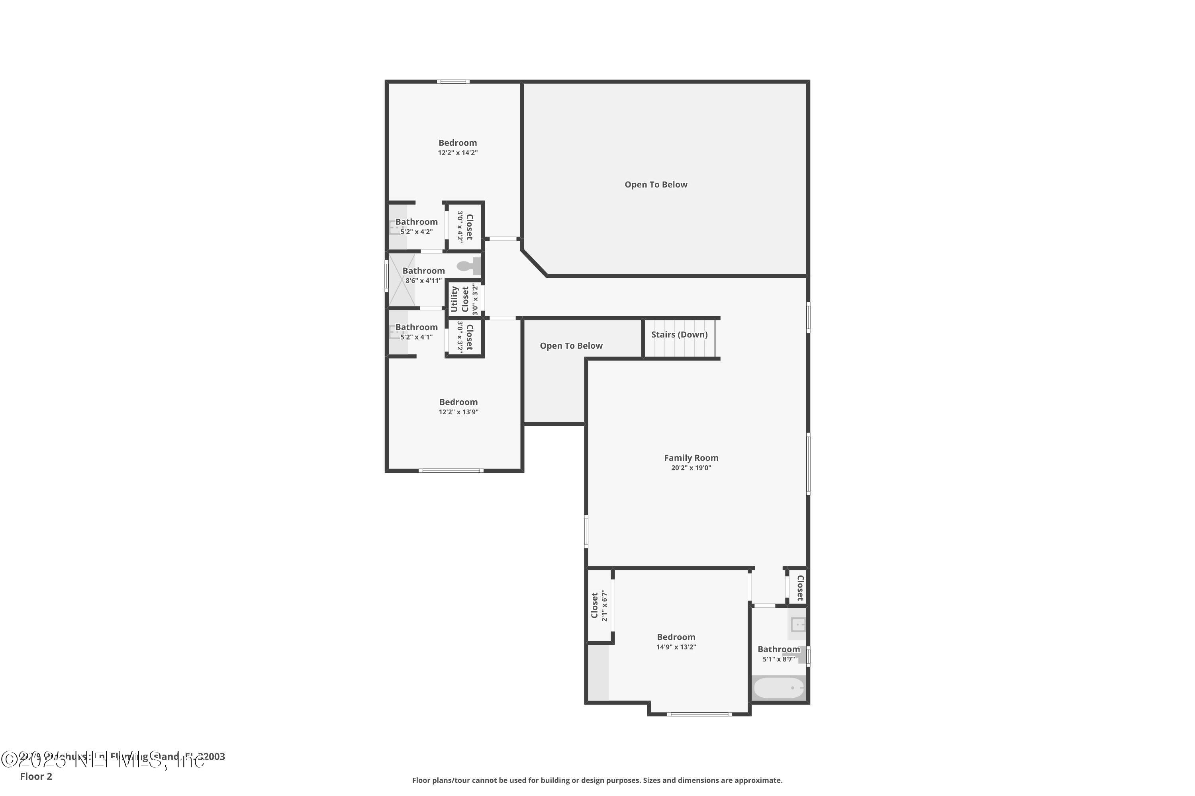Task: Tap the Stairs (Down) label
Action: point(679,335)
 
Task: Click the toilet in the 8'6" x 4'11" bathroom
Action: point(468,265)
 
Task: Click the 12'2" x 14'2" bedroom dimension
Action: point(458,153)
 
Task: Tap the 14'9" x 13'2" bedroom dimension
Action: point(676,647)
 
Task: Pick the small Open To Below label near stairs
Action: point(571,346)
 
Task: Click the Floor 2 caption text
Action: point(36,776)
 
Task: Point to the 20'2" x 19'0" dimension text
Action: point(691,468)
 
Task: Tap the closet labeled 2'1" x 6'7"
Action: point(599,605)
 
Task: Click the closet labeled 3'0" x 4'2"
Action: point(465,227)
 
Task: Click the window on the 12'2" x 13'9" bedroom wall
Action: point(451,470)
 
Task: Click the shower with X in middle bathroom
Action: point(402,280)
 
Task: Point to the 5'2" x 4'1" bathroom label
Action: point(416,332)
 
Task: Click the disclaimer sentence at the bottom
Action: point(597,780)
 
